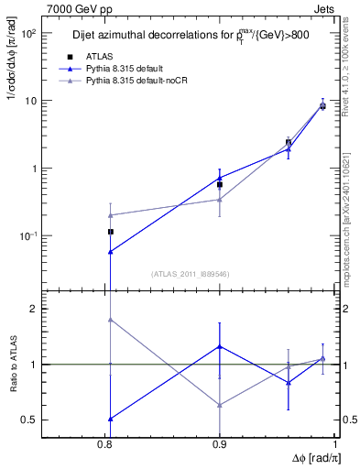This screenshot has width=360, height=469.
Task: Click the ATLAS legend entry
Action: click(100, 57)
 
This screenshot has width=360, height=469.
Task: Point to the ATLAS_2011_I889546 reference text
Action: click(189, 274)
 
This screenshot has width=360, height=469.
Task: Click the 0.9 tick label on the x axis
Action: click(220, 444)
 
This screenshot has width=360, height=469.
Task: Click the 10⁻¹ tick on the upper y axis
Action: click(25, 236)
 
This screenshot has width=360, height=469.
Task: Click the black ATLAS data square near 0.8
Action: click(110, 232)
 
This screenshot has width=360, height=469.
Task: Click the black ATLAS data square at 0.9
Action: click(220, 184)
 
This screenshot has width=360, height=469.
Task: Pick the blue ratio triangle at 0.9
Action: click(220, 346)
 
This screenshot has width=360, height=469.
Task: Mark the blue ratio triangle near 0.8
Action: click(110, 419)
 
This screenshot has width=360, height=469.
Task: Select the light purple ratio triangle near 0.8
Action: click(110, 320)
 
